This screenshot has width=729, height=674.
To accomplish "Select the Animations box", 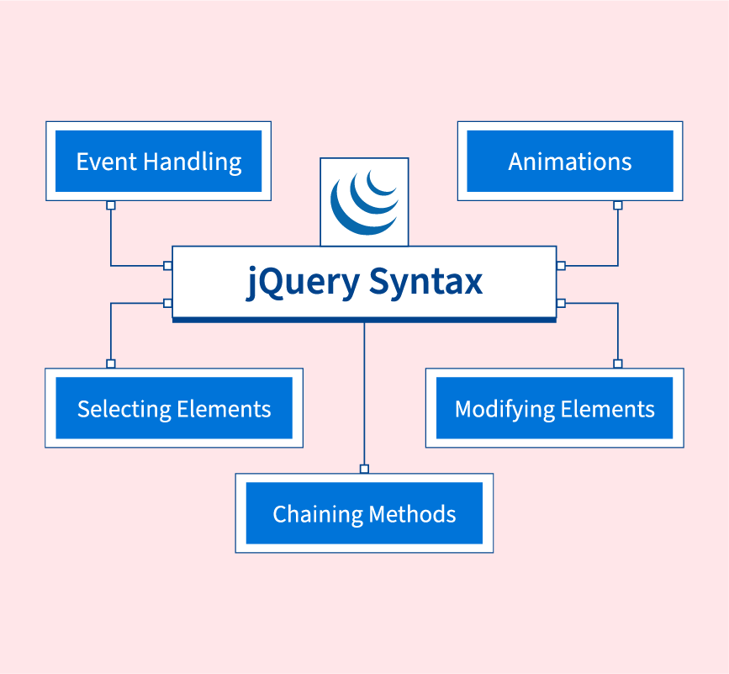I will pos(570,162).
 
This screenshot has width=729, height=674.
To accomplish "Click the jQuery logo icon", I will pos(364,202).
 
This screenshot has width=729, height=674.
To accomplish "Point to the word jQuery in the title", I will pos(303,282).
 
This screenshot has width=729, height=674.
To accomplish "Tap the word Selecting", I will pos(124,410).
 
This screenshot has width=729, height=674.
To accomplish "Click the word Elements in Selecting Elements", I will pos(224,410).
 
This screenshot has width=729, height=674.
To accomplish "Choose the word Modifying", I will pos(503,410).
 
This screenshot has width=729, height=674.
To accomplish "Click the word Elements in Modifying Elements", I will pos(606,410).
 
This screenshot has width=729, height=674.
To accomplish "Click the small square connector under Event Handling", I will pos(111,205).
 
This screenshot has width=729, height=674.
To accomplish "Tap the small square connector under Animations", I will pos(618,205).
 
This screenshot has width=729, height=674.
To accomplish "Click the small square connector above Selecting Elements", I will pos(111,364).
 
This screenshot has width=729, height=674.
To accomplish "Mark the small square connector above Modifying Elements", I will pos(618,364).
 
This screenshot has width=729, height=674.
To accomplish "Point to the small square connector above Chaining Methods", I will pos(364,469).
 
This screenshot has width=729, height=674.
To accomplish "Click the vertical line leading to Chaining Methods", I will pos(364,395).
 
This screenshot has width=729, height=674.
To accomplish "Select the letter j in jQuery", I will pos(252,284).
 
